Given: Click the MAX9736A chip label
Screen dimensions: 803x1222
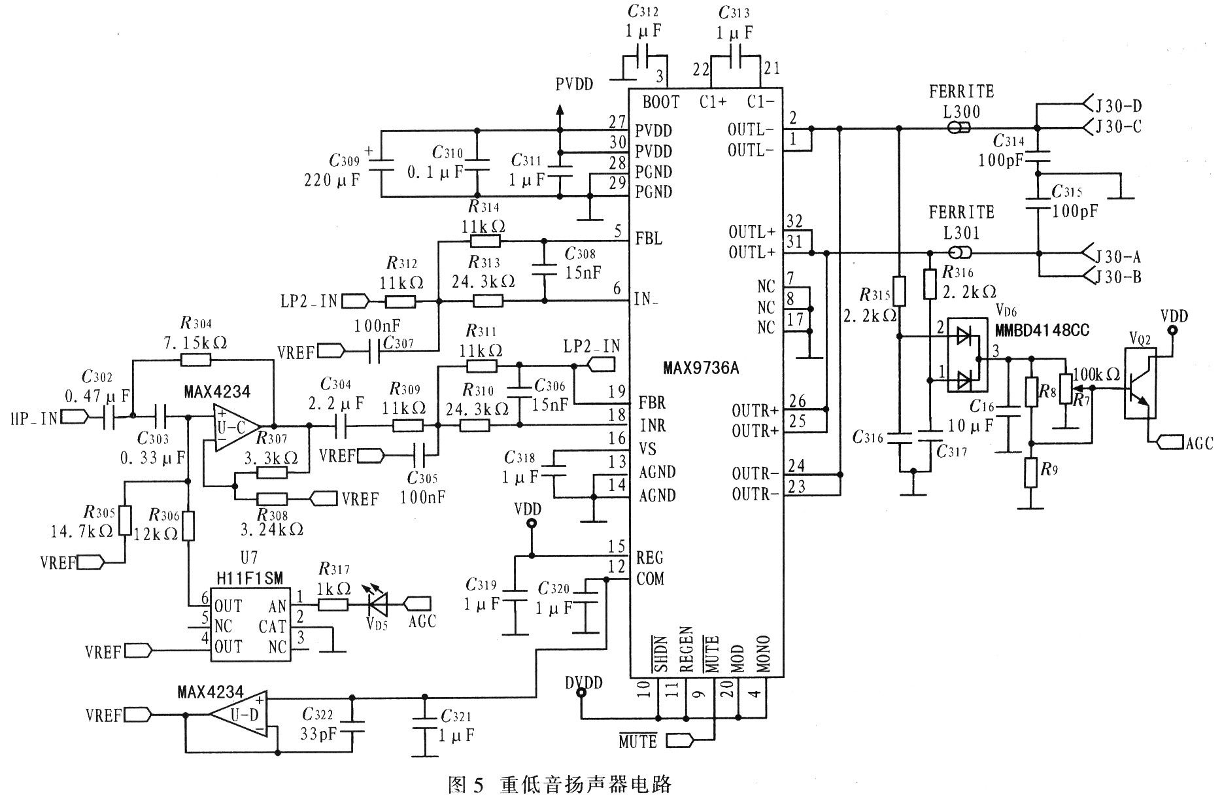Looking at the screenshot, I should click(701, 368).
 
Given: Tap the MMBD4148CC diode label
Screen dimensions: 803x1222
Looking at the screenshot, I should click(1042, 330).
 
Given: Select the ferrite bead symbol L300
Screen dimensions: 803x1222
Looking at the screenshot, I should click(958, 128).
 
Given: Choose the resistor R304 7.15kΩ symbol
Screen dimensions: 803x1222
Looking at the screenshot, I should click(197, 359).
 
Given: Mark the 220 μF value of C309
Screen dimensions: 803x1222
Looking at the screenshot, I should click(332, 180).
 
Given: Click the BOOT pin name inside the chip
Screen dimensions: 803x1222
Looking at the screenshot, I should click(660, 102).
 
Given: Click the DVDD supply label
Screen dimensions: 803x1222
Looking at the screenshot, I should click(584, 683).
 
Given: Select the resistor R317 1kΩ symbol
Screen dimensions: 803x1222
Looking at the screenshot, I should click(333, 605).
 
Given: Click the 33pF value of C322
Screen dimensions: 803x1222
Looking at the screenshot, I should click(319, 734).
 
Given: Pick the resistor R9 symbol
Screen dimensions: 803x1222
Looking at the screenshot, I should click(1031, 473).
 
